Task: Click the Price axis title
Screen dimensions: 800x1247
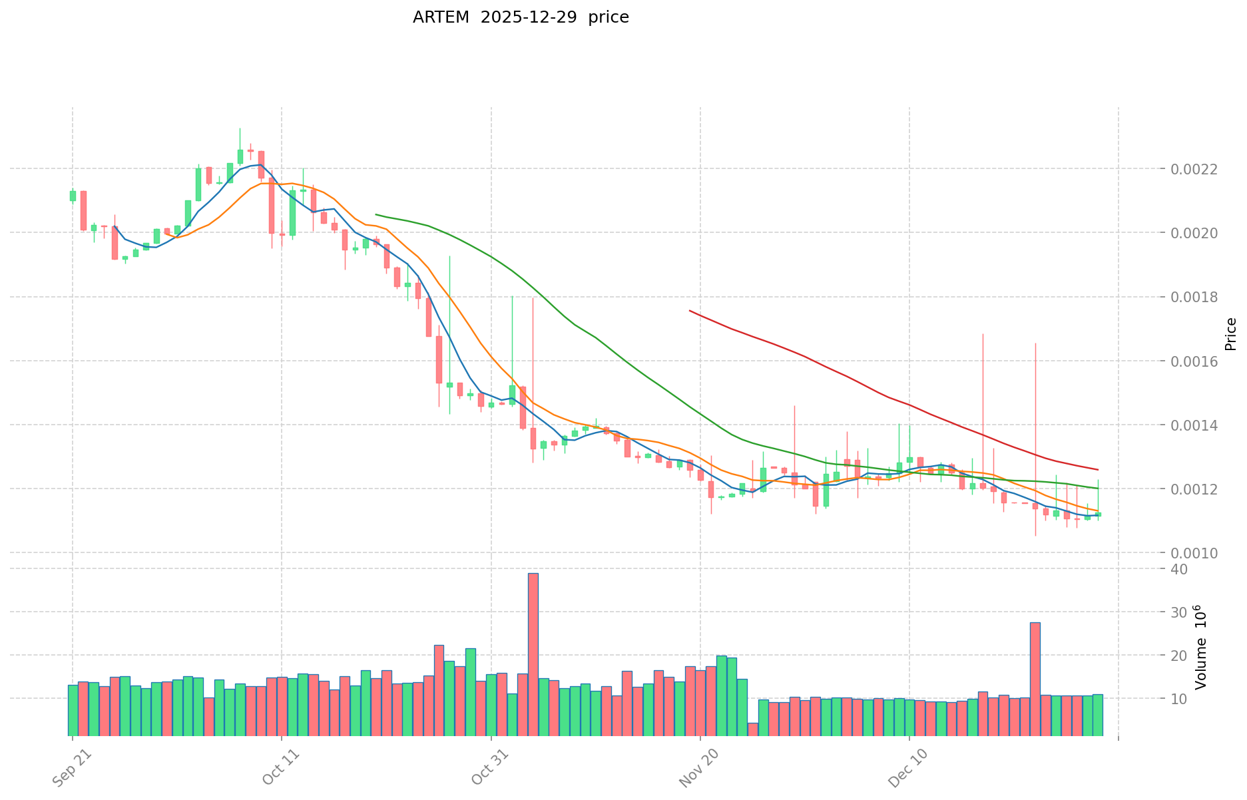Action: [x=1230, y=334]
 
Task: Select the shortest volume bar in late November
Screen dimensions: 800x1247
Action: [x=752, y=729]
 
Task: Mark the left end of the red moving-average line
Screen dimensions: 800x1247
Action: [x=690, y=311]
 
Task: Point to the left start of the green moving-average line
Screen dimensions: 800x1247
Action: [x=376, y=214]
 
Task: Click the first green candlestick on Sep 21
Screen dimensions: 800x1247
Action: [x=73, y=196]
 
